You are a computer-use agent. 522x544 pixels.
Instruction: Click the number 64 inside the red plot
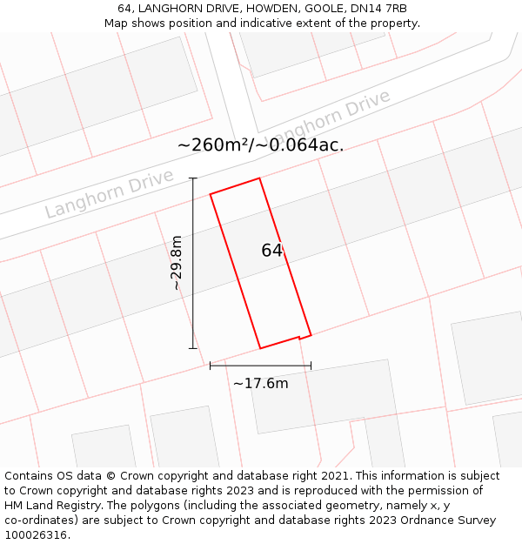coord(271,251)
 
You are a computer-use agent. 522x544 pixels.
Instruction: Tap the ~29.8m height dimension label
coord(176,263)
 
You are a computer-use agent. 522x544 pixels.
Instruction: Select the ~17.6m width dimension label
coord(260,383)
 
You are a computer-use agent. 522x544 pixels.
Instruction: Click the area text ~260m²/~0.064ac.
coord(260,145)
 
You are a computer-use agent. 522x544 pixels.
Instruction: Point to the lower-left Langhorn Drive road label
coord(97,198)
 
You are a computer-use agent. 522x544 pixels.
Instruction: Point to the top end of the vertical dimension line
coord(193,178)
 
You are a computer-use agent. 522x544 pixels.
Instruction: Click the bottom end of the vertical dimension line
coord(193,348)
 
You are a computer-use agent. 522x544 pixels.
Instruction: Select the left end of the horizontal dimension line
coord(210,366)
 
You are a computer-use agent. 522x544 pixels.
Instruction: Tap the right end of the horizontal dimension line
coord(311,366)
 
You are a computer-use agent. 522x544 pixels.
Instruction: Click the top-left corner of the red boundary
coord(210,193)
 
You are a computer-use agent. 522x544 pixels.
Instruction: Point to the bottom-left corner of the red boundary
coord(260,348)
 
